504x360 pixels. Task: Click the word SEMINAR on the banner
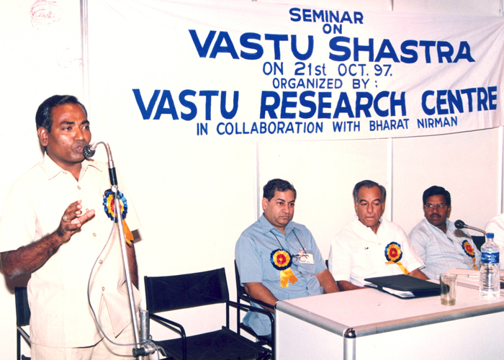tap(326, 16)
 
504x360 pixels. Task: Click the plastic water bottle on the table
tap(490, 266)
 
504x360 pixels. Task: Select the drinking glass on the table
tap(448, 289)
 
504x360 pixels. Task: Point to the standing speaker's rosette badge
tap(114, 205)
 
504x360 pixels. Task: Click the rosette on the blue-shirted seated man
tap(282, 259)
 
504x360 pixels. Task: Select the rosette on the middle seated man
tap(393, 252)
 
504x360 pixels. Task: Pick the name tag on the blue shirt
tap(306, 257)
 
